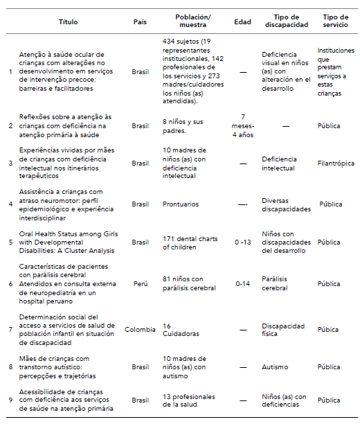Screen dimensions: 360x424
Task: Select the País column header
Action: pos(140,21)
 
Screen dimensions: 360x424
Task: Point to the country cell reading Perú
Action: pos(140,283)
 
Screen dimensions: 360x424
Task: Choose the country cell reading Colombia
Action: pos(140,329)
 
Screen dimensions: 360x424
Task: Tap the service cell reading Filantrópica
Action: pos(336,164)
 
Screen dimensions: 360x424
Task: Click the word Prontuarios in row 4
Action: pos(181,204)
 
